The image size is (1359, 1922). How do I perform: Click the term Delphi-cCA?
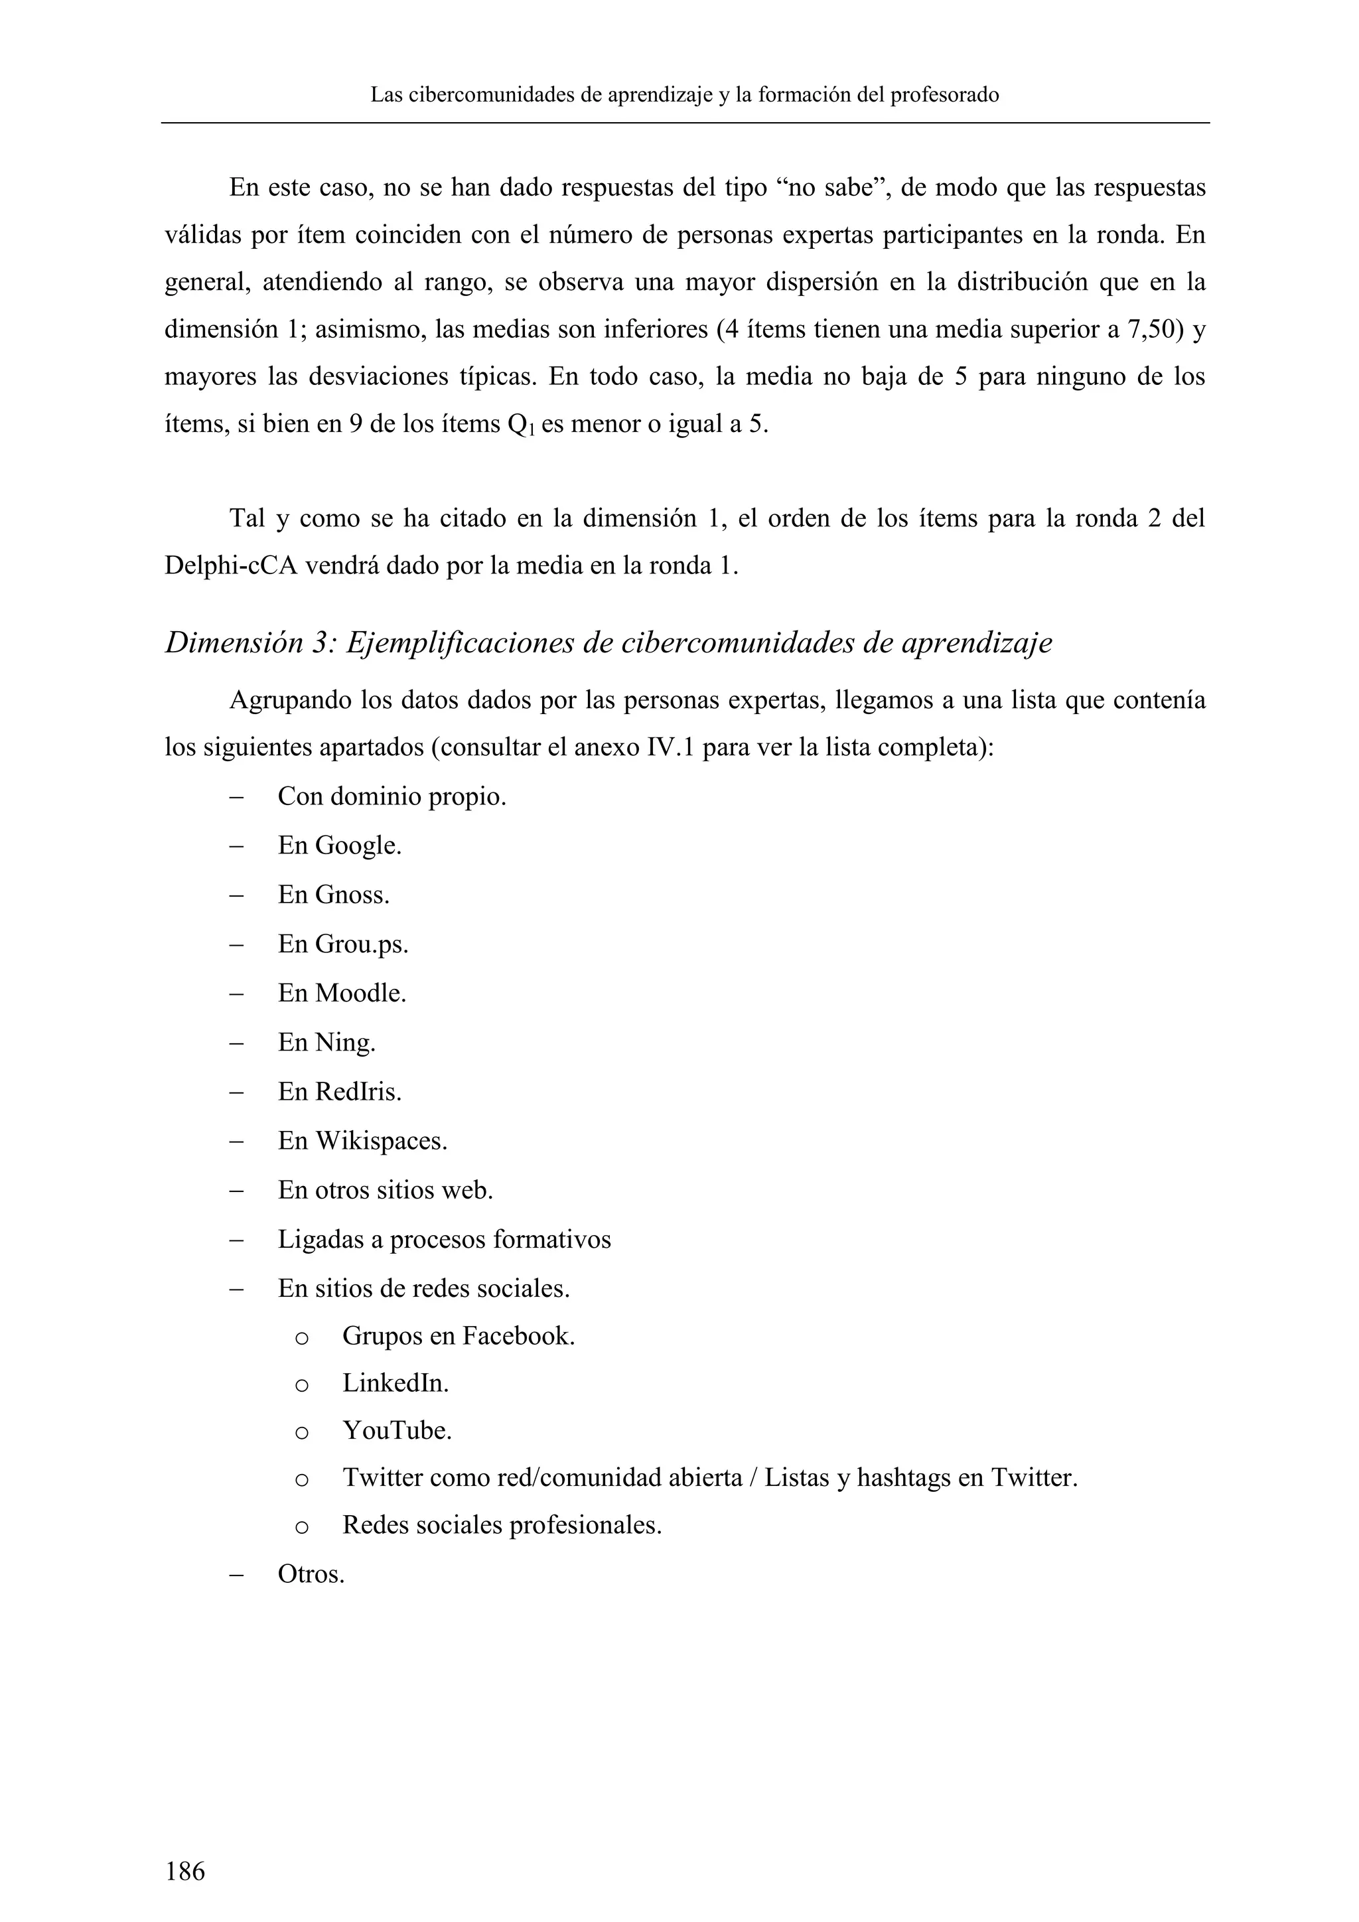230,567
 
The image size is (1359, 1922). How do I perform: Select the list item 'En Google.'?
339,846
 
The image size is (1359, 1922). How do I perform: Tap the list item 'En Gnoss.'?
333,895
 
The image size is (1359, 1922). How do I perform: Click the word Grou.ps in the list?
362,944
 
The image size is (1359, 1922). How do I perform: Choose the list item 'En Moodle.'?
342,994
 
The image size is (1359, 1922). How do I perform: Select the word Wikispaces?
381,1141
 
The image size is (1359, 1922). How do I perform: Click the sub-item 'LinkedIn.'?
395,1384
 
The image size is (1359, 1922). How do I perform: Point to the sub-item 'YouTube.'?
397,1431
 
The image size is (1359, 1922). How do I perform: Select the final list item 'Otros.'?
311,1575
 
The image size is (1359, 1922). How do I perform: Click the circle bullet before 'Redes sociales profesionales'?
302,1528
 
